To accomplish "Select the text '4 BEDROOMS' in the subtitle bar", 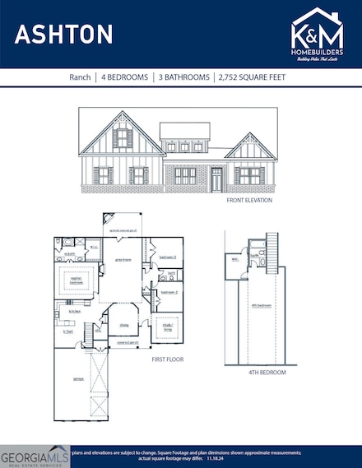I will (126, 77).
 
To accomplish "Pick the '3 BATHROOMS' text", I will (182, 77).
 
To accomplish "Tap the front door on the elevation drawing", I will (216, 179).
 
